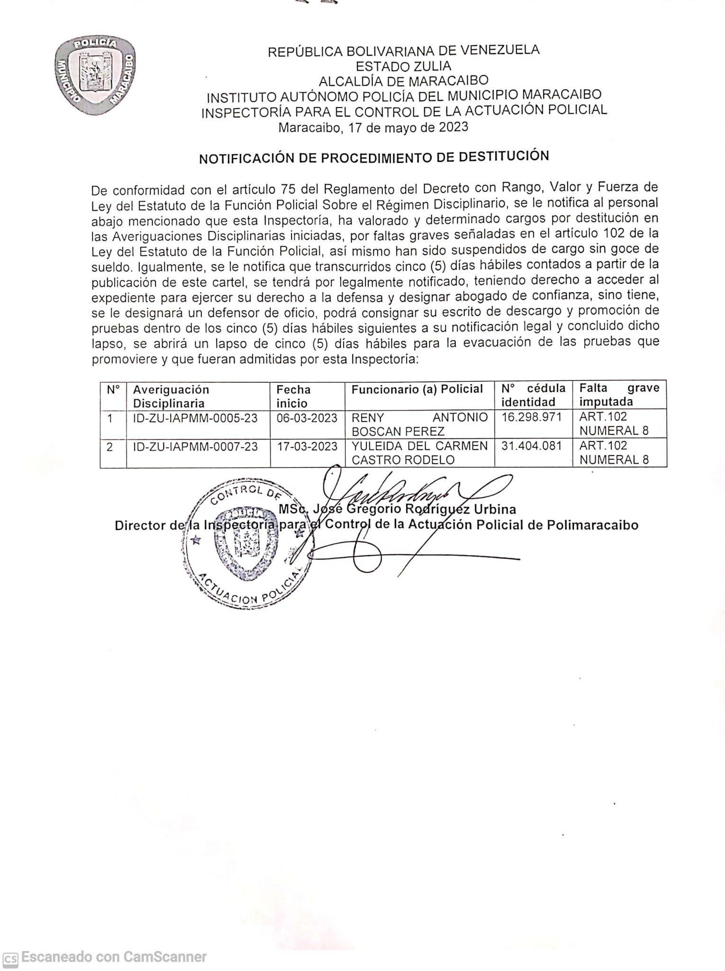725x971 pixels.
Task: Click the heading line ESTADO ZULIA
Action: pyautogui.click(x=404, y=65)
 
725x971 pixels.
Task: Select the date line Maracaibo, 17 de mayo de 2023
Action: pyautogui.click(x=373, y=128)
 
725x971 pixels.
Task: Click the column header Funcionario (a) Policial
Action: pyautogui.click(x=417, y=389)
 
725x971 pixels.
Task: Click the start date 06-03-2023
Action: pyautogui.click(x=307, y=418)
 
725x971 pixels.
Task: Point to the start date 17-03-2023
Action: pyautogui.click(x=307, y=447)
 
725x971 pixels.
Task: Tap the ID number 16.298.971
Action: pyautogui.click(x=531, y=417)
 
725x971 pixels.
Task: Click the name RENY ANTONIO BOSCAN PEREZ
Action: pyautogui.click(x=419, y=424)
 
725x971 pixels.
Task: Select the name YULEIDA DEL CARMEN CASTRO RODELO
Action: pyautogui.click(x=419, y=453)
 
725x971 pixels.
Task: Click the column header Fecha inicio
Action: pyautogui.click(x=294, y=396)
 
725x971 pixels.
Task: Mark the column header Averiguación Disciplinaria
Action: pyautogui.click(x=171, y=396)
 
